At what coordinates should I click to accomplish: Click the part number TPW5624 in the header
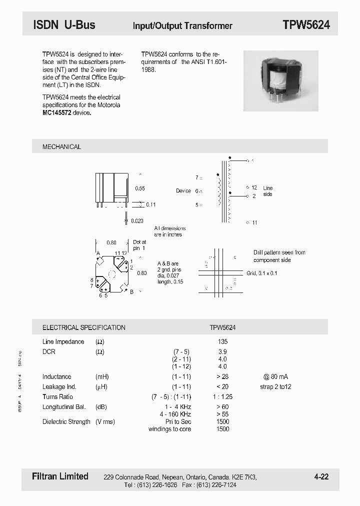click(x=306, y=25)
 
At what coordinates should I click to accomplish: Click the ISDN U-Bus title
click(x=64, y=24)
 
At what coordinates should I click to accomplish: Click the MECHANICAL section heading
click(x=61, y=146)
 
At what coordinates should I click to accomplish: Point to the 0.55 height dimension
click(x=140, y=188)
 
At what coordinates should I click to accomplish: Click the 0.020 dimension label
click(x=136, y=220)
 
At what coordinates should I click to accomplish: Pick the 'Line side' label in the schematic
click(x=267, y=191)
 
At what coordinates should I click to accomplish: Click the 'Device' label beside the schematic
click(x=183, y=191)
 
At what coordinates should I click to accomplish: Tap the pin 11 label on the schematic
click(x=254, y=222)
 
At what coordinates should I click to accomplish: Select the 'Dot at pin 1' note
click(x=139, y=245)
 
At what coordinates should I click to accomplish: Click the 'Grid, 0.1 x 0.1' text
click(x=261, y=273)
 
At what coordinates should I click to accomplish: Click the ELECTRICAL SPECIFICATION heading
click(x=84, y=327)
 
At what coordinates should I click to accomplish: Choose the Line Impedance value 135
click(x=222, y=341)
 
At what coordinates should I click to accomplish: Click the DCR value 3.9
click(x=222, y=351)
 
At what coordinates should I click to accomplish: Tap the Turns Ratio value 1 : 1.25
click(x=222, y=396)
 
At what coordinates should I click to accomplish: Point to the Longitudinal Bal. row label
click(x=66, y=406)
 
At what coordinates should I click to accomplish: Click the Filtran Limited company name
click(x=60, y=476)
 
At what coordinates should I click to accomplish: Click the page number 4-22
click(x=321, y=476)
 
